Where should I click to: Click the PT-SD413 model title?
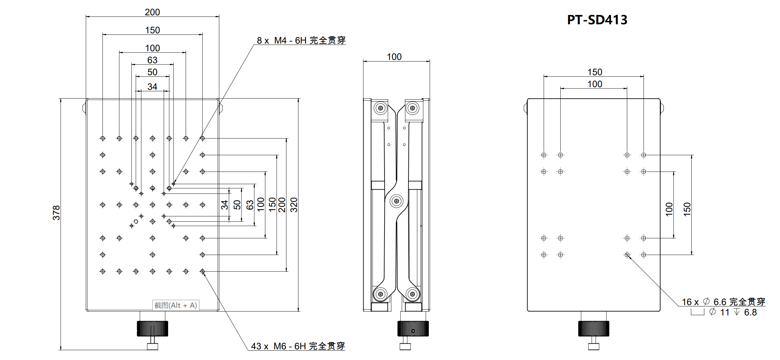tap(597, 20)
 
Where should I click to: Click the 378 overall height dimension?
tap(56, 213)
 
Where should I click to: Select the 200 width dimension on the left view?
tap(152, 12)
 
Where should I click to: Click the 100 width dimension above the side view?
tap(394, 57)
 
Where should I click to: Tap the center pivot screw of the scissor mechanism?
tap(396, 201)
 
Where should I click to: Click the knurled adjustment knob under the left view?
tap(152, 328)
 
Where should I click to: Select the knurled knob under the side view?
tap(413, 328)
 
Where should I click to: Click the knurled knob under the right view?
tap(594, 328)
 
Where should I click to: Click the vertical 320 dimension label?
tap(294, 205)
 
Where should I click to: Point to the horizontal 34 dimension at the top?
tap(152, 87)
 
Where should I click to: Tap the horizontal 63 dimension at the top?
tap(152, 60)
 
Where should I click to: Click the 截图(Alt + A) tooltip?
tap(176, 305)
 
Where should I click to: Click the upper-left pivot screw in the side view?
tap(380, 108)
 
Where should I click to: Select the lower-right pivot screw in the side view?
tap(412, 294)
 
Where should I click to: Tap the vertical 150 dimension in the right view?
tap(687, 209)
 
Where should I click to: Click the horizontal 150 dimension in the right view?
tap(595, 72)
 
